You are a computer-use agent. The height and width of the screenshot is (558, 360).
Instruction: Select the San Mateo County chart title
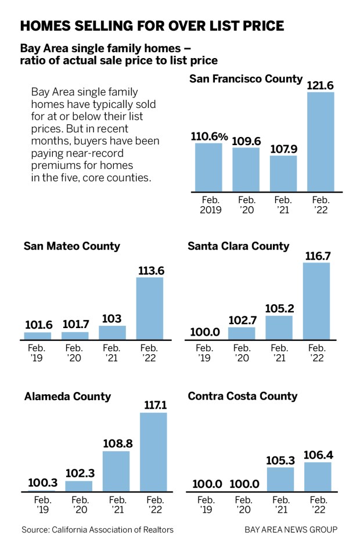71,246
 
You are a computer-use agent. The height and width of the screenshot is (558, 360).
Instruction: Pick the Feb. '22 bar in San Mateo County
149,308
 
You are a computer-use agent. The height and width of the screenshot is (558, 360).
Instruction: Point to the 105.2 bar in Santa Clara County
279,327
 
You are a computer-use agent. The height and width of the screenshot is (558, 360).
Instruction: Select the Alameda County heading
67,397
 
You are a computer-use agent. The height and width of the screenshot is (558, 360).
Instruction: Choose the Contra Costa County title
243,397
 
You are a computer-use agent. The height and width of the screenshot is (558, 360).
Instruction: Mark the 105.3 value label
280,459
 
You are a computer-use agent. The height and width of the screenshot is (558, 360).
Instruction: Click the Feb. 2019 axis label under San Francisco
210,205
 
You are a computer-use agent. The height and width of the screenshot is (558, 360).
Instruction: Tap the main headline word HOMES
48,26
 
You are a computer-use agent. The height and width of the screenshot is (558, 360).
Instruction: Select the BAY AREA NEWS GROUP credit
291,530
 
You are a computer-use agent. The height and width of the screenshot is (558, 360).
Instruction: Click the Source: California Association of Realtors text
98,530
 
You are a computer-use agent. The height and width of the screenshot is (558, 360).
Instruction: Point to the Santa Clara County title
238,246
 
